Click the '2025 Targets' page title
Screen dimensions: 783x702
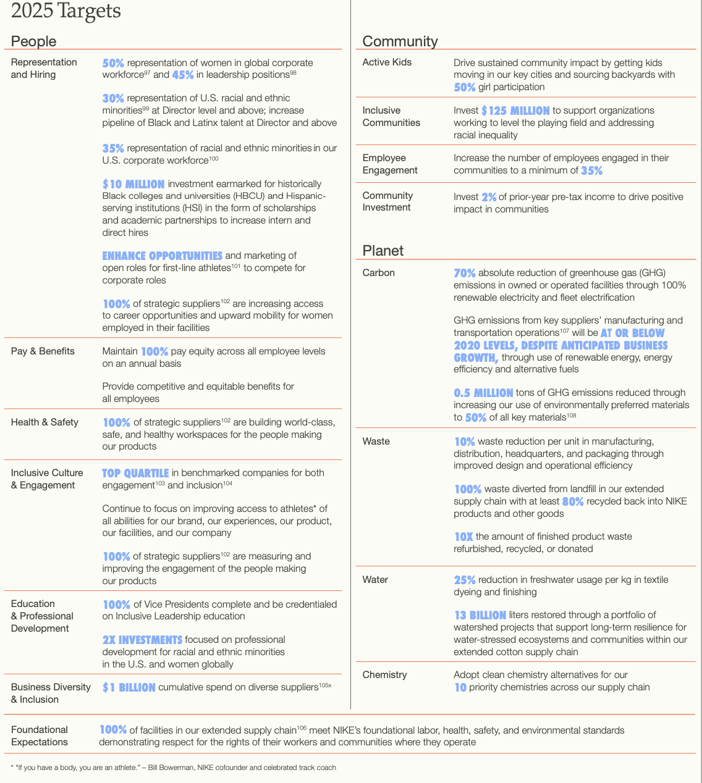click(66, 11)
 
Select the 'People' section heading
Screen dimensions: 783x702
click(33, 41)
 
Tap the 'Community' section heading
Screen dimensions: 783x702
click(400, 41)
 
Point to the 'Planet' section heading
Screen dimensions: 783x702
click(383, 251)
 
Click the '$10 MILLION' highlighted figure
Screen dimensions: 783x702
click(133, 184)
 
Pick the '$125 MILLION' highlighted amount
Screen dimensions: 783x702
click(515, 111)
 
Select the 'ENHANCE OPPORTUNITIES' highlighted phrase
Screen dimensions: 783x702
click(162, 256)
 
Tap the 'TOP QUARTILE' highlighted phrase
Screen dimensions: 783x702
click(135, 473)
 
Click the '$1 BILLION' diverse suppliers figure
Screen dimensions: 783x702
click(129, 687)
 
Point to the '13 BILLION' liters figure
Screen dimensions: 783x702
click(480, 615)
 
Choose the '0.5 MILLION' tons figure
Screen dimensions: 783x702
click(483, 393)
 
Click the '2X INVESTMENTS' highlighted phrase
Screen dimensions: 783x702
click(142, 640)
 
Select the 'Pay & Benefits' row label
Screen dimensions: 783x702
click(43, 351)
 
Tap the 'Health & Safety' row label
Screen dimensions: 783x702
click(44, 422)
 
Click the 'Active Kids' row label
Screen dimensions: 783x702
click(387, 62)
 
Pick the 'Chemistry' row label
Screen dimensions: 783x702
click(384, 675)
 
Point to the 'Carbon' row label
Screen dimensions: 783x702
click(378, 273)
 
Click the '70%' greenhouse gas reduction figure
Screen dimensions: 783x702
click(465, 273)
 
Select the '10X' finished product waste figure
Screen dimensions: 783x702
click(463, 537)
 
